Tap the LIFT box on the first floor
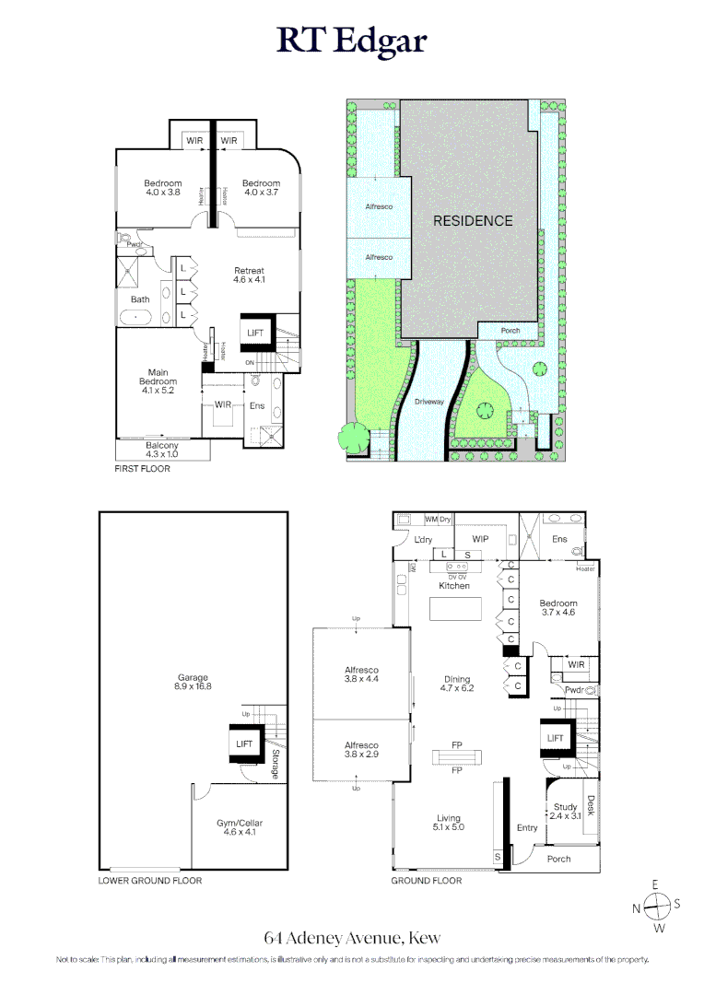coord(255,332)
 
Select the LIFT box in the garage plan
coord(244,743)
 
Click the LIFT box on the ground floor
coord(556,738)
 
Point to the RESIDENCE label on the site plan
coord(473,221)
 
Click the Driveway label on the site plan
coord(429,402)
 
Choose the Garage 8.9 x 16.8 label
coord(194,682)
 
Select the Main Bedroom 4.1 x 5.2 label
coord(158,381)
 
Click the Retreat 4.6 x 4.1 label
coord(249,275)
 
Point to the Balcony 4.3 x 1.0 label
coord(162,450)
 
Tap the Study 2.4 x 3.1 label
coord(565,811)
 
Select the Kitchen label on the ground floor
coord(454,586)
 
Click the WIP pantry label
coord(480,539)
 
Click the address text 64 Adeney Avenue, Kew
coord(352,938)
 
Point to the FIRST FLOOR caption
coord(142,469)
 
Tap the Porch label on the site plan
coord(510,331)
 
